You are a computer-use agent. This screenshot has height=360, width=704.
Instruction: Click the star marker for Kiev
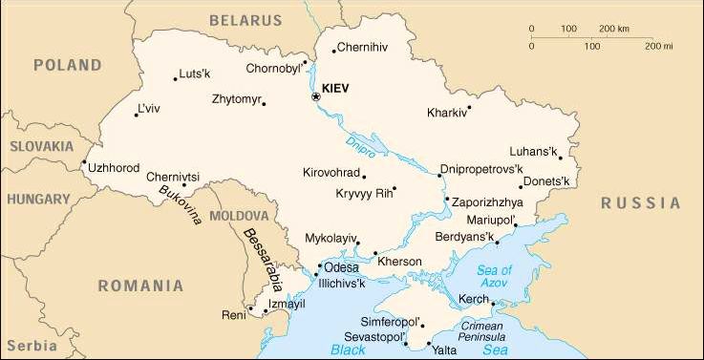[316, 96]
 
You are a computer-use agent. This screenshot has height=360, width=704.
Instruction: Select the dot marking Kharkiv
[469, 107]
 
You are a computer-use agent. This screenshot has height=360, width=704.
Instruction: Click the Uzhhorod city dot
[85, 162]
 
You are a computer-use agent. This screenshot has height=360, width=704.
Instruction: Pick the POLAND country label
[67, 65]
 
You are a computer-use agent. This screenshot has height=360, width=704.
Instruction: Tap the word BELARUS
[245, 19]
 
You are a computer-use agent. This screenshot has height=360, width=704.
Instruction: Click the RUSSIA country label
[641, 202]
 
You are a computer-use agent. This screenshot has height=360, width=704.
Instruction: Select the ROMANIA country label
[139, 285]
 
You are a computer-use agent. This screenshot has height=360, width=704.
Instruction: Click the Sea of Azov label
[494, 276]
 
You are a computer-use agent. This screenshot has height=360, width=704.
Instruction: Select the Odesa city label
[341, 268]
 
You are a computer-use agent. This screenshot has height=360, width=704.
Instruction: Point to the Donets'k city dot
[521, 186]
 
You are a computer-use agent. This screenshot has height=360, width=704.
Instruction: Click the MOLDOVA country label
[239, 216]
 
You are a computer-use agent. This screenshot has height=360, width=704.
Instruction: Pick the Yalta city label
[444, 350]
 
